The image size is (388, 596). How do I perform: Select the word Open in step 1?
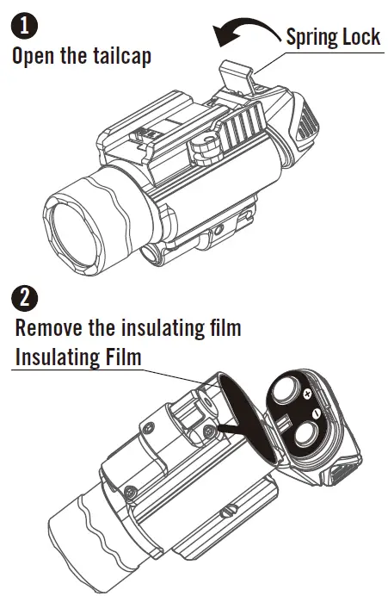click(x=35, y=58)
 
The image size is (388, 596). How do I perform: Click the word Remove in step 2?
click(x=50, y=329)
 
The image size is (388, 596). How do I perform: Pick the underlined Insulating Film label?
click(x=77, y=356)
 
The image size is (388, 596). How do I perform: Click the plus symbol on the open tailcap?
click(x=306, y=394)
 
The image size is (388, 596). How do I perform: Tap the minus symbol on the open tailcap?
click(x=316, y=417)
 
